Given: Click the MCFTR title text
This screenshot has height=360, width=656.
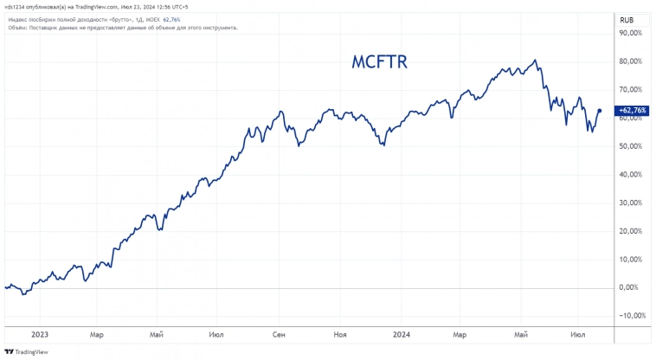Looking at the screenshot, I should point(379,62).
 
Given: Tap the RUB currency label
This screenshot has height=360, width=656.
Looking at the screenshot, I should point(629,17).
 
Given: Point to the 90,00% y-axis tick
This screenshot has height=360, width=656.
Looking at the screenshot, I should point(629,33).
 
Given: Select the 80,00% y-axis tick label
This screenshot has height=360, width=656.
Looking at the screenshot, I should point(629,61).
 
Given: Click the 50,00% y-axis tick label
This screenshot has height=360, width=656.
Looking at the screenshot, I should point(629,146).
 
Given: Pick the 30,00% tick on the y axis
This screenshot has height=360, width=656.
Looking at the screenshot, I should point(629,202).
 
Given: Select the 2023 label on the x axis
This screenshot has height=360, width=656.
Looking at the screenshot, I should point(39,333).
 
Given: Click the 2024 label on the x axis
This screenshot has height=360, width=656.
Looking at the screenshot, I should point(402,333).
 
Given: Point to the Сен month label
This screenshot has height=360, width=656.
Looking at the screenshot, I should point(280,333).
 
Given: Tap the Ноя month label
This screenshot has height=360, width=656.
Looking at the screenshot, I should point(340,333).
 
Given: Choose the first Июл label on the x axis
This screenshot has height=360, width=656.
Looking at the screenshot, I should point(217,333).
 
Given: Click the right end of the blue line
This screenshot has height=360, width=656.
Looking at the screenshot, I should point(601,110).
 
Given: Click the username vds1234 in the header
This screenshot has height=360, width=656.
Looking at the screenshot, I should point(18,7).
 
